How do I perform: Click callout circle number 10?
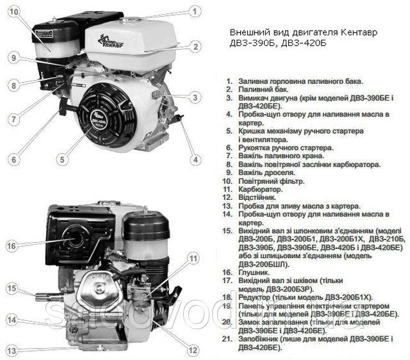[x=14, y=12]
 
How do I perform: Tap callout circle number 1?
[x=195, y=12]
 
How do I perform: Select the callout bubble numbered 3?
[x=195, y=97]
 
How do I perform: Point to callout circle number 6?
[x=13, y=160]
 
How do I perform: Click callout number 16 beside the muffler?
[x=12, y=246]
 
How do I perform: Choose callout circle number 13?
[x=12, y=350]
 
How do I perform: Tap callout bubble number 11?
[x=193, y=259]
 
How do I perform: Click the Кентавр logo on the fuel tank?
[x=110, y=42]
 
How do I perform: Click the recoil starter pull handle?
[x=63, y=107]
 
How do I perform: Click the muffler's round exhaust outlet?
[x=76, y=238]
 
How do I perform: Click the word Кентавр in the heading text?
[x=359, y=33]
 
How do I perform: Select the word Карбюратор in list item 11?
[x=261, y=189]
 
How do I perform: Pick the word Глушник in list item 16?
[x=254, y=272]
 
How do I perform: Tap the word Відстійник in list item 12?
[x=257, y=197]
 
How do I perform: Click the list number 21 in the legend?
[x=227, y=339]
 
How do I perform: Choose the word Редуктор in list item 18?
[x=254, y=297]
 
